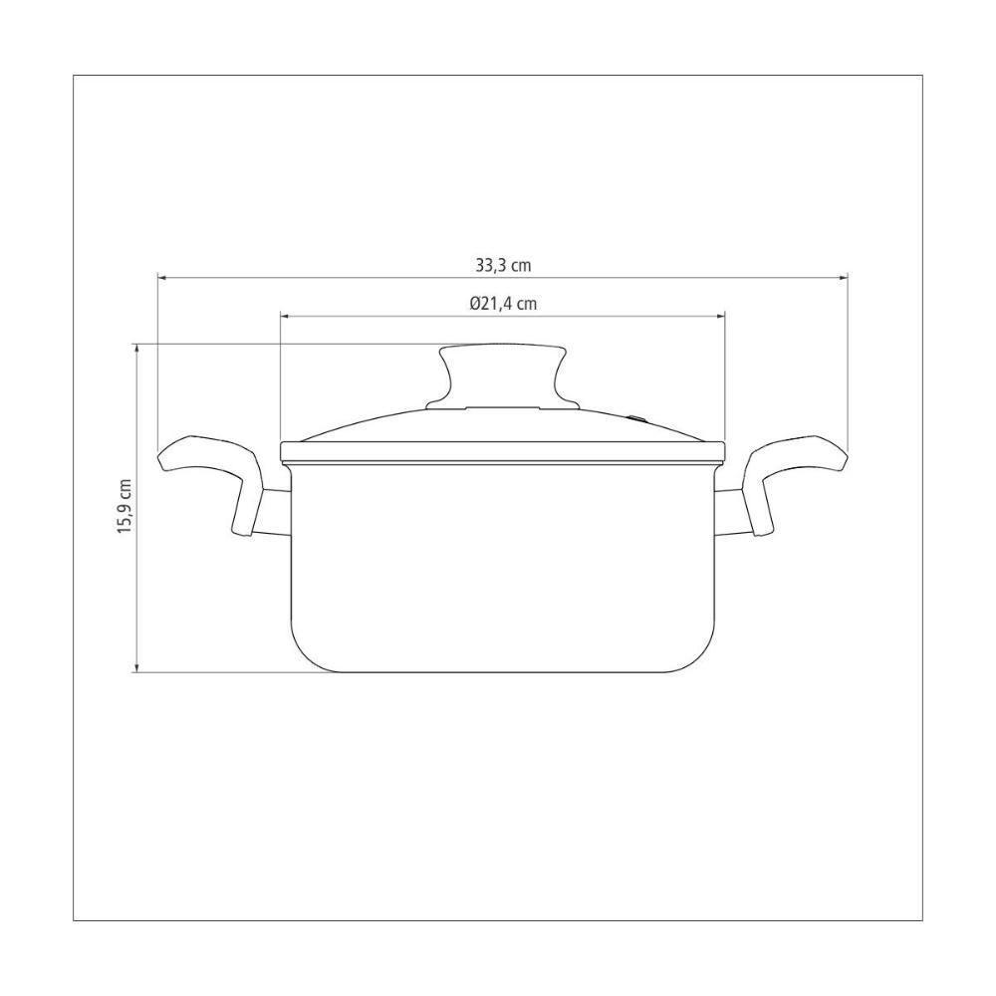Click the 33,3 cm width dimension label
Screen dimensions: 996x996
coord(503,265)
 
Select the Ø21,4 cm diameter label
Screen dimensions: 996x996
coord(503,304)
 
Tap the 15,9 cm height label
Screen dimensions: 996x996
coord(124,506)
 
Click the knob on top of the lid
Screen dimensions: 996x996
coord(502,376)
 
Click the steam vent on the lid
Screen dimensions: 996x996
coord(637,418)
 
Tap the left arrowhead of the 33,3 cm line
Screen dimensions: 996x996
coord(162,278)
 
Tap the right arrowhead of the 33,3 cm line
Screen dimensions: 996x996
coord(844,278)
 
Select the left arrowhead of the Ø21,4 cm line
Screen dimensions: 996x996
coord(285,316)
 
